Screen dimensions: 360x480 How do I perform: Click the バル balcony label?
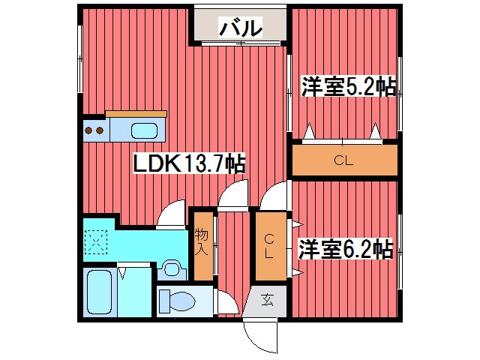(x=240, y=28)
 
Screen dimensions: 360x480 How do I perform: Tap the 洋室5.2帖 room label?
(x=348, y=87)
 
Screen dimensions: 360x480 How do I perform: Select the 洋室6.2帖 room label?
(x=345, y=248)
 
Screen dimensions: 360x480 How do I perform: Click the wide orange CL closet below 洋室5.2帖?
(x=343, y=160)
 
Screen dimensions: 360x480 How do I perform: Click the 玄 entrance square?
(x=267, y=300)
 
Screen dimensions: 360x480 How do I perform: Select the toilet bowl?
(x=178, y=301)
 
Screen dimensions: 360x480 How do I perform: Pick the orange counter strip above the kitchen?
(x=136, y=113)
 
